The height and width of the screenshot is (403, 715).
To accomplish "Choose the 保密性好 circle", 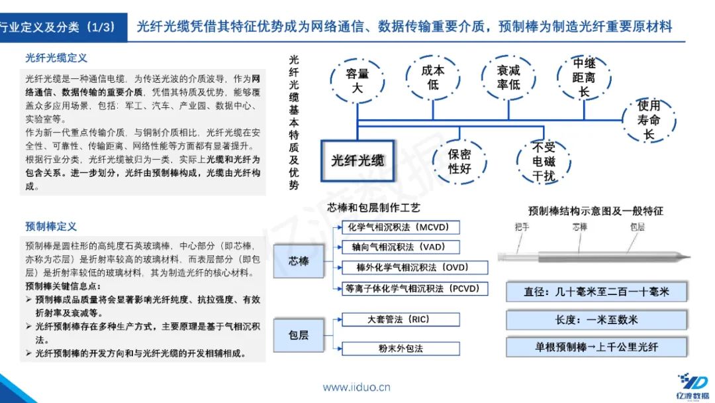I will tap(459, 161).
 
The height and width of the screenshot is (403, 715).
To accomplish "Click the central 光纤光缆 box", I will tap(358, 160).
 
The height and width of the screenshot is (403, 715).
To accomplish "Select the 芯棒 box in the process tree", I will tap(299, 260).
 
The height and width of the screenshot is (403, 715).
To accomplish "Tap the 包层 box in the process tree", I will tap(299, 335).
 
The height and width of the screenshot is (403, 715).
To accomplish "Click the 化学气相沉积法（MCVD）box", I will tap(399, 227).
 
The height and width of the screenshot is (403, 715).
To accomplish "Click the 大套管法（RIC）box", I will tap(400, 319).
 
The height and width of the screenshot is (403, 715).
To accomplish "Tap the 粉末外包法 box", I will tap(400, 347).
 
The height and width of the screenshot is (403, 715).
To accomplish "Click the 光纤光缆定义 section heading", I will tap(56, 58).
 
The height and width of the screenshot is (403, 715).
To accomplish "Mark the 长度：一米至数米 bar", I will tap(596, 319).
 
